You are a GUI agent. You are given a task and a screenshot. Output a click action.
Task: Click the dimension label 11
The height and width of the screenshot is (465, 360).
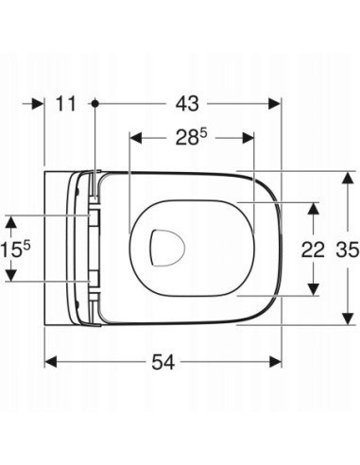(x=65, y=103)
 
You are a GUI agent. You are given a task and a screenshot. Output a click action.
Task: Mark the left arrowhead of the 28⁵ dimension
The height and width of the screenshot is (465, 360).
(x=133, y=139)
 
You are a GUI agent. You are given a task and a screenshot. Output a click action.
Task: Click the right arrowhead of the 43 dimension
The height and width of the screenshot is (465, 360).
(x=275, y=103)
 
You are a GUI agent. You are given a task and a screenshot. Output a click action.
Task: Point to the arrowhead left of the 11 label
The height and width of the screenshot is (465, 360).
(x=40, y=103)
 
